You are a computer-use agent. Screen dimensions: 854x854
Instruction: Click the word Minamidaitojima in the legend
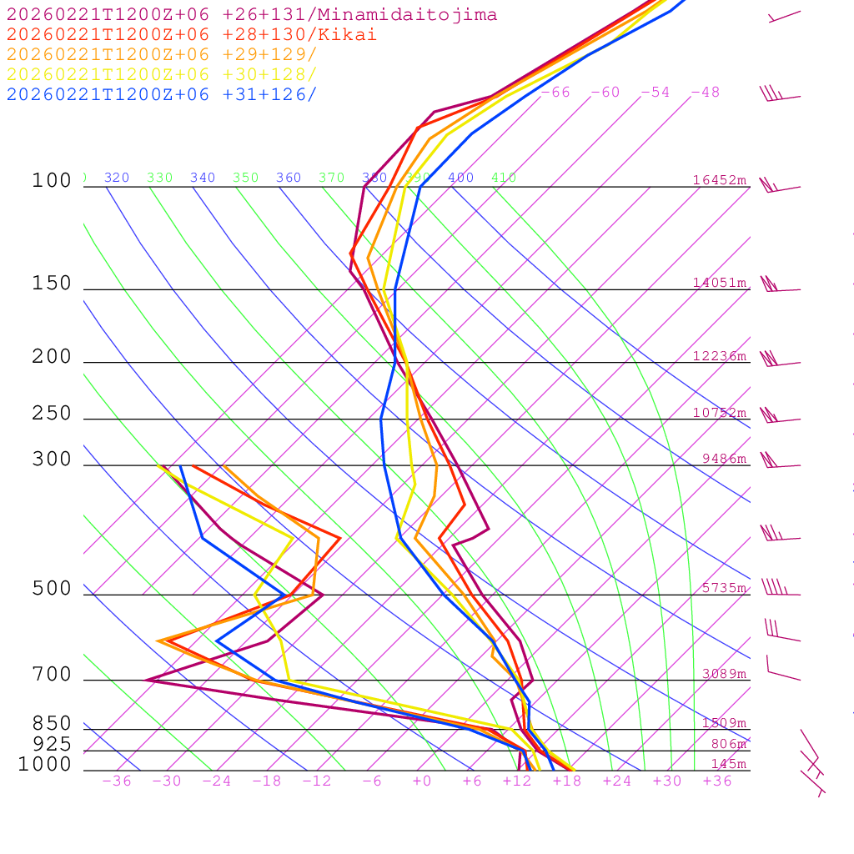424,15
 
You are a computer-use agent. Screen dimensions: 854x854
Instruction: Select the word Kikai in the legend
354,35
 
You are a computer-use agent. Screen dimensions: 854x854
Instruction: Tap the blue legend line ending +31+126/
162,94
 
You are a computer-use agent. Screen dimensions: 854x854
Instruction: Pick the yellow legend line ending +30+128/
162,74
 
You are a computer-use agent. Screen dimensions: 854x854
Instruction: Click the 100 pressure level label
52,180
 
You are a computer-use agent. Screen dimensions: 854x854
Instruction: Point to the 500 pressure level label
52,589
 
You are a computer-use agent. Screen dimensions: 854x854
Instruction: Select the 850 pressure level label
52,724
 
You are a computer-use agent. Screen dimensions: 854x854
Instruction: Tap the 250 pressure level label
52,414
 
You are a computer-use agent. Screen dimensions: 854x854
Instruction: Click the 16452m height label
720,180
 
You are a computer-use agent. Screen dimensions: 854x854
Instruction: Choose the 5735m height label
724,588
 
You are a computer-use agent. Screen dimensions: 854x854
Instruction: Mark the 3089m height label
724,674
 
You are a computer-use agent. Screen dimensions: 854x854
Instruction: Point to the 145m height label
729,764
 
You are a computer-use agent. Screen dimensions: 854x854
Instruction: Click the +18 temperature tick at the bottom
566,781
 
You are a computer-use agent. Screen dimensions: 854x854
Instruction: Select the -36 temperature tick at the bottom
116,781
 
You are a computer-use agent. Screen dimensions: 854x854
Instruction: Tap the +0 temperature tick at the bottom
421,781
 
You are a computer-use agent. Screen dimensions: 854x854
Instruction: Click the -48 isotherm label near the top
705,93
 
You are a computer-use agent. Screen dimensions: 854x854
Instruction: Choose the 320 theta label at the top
117,178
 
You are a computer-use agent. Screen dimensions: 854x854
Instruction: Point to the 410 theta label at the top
504,178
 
